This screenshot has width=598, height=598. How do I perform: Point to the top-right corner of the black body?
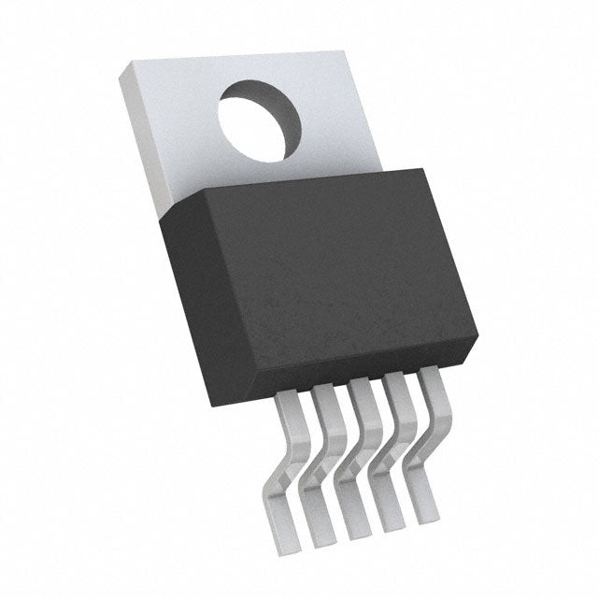pyautogui.click(x=420, y=169)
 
